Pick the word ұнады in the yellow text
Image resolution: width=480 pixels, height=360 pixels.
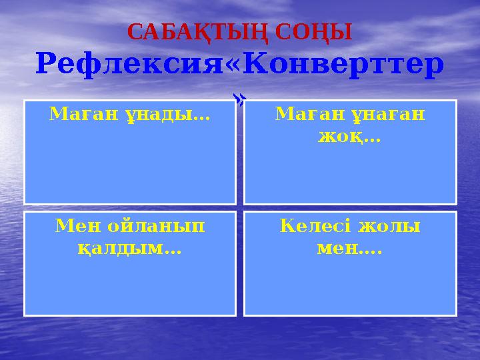pos(165,116)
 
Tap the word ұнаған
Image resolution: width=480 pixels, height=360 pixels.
pos(389,116)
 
